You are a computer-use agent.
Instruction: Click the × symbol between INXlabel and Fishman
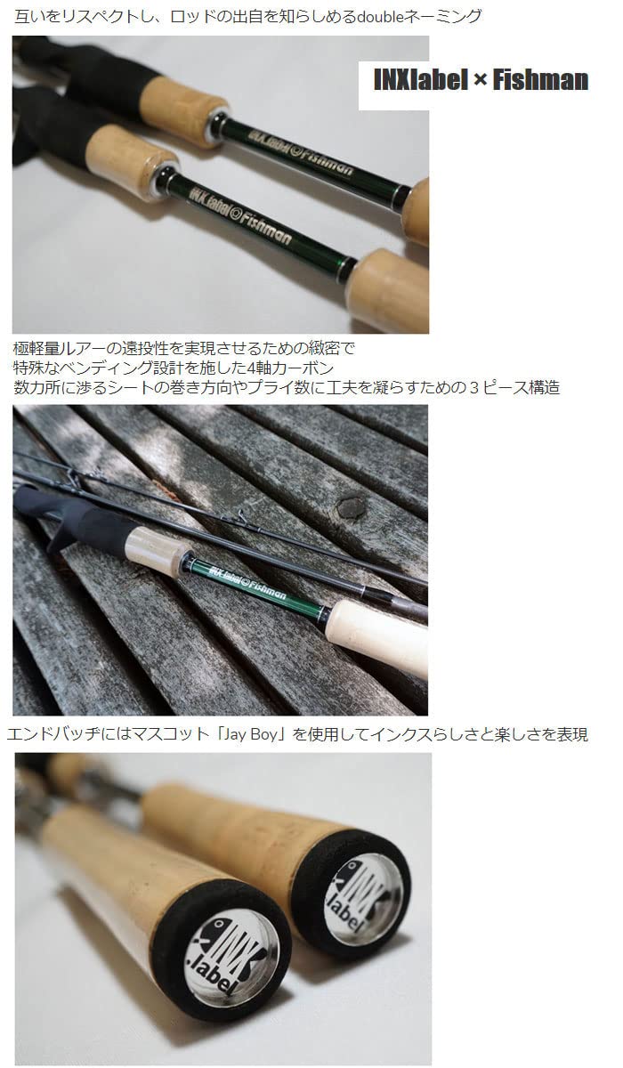(480, 81)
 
